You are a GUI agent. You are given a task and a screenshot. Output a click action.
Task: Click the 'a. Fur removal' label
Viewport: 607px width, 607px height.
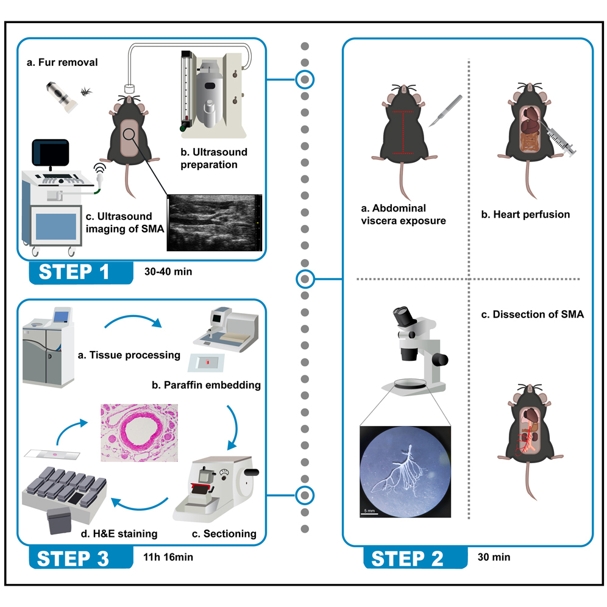point(62,62)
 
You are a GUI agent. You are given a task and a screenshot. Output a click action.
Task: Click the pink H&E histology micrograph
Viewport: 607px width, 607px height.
point(139,433)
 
